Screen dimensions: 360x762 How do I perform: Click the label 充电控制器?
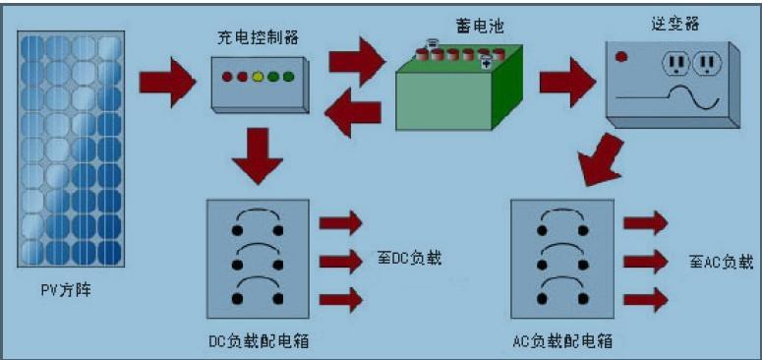(258, 38)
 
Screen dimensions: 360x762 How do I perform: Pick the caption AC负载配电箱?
(564, 340)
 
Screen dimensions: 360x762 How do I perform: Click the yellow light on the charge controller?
(258, 76)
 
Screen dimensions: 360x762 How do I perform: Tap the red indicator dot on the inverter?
(621, 57)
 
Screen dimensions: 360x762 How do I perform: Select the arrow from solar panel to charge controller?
(169, 81)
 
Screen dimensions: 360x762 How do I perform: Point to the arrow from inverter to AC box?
(602, 160)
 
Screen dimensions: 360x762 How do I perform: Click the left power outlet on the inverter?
(676, 64)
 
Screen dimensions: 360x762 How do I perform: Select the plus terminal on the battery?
(485, 63)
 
